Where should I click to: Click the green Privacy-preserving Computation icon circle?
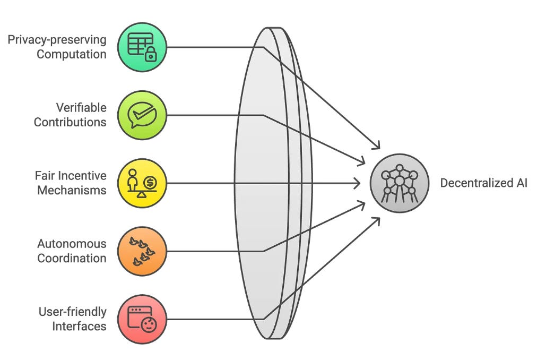142,47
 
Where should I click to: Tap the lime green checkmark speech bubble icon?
142,115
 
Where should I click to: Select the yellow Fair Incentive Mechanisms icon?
142,183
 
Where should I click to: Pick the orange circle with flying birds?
142,251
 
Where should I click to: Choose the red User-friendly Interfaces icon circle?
142,319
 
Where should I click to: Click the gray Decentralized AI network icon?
399,183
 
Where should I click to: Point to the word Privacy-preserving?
57,40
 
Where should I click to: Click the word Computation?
71,54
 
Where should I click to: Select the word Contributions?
70,122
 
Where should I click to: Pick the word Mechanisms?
72,190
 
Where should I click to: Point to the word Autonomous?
72,244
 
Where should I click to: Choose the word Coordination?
71,258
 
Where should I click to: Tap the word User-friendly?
72,312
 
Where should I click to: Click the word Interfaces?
79,325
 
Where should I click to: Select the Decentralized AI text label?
484,183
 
